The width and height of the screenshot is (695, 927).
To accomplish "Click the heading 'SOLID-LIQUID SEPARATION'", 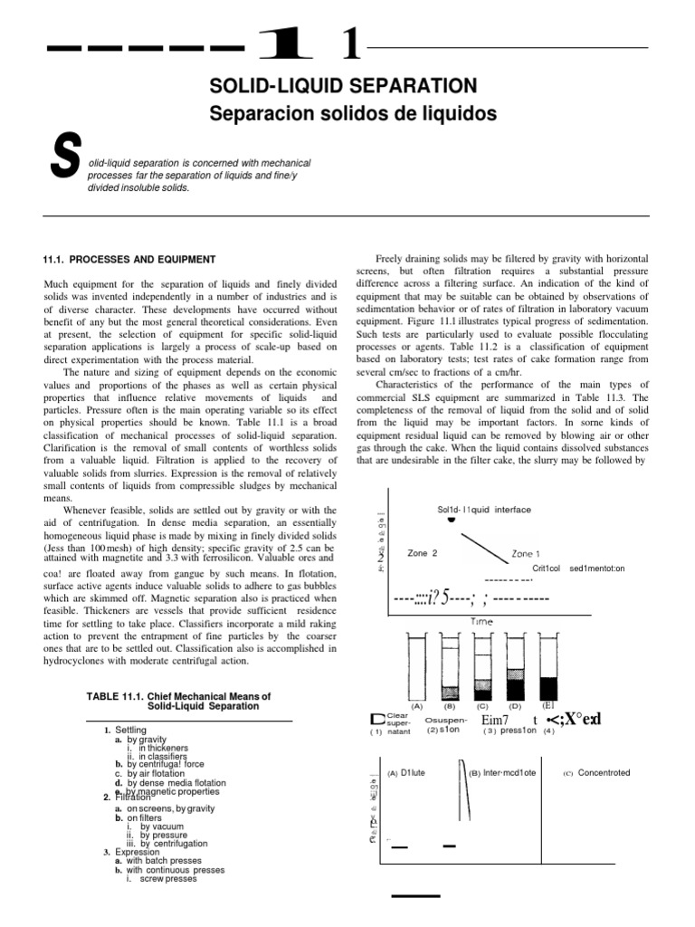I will (x=343, y=86).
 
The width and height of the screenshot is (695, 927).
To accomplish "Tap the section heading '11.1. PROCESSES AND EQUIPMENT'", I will (x=130, y=260).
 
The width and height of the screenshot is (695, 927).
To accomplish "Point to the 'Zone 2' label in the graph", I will (x=423, y=552).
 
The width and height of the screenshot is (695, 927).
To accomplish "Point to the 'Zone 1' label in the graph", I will (x=527, y=553).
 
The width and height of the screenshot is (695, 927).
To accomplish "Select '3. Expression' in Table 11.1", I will (x=131, y=852).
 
